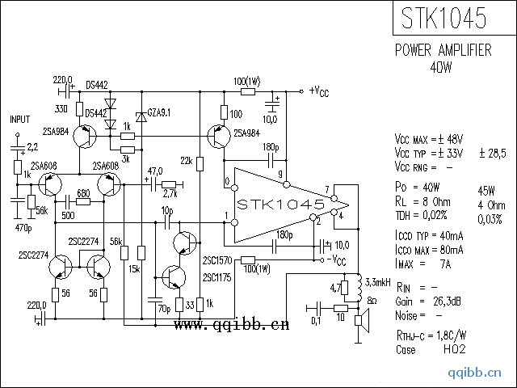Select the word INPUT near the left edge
(19, 119)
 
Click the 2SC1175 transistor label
(217, 278)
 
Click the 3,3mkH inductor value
(377, 282)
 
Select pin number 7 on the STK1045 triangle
(326, 191)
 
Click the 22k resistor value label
(187, 162)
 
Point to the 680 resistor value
(82, 193)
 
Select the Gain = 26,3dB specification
(428, 302)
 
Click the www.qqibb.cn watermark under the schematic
(231, 325)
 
